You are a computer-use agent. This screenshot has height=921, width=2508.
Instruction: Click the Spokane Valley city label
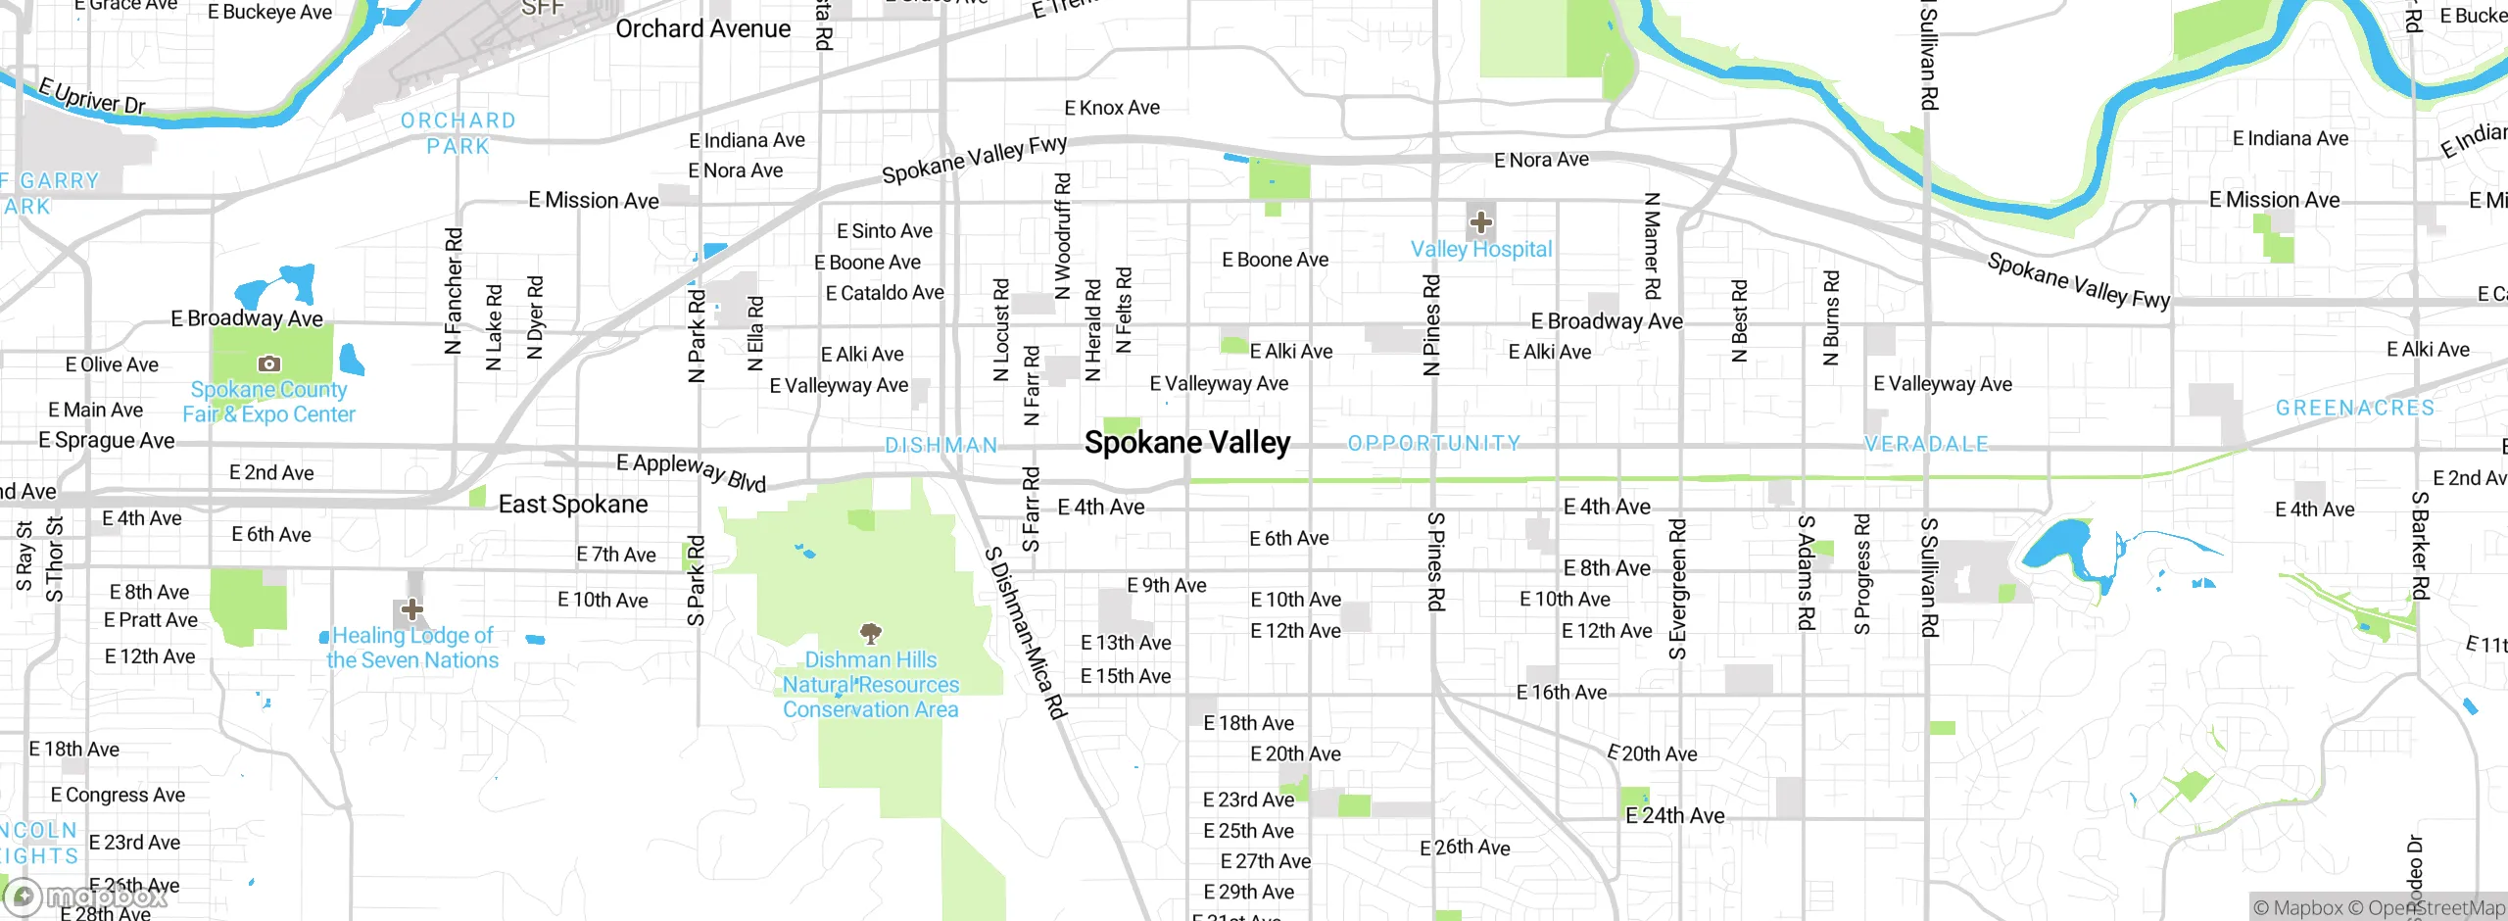[x=1186, y=443]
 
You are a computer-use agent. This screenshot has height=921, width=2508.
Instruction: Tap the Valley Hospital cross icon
[x=1480, y=222]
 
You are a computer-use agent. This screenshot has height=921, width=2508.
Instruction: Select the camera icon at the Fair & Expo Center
[x=268, y=364]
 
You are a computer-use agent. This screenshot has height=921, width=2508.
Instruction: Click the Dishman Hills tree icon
[x=870, y=632]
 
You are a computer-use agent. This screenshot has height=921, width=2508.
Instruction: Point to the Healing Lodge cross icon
[x=412, y=609]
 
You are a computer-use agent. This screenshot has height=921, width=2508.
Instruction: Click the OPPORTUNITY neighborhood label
[x=1433, y=444]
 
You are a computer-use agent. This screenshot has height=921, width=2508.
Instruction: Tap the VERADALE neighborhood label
[x=1926, y=445]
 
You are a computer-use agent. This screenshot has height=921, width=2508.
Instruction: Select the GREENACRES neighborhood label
[x=2354, y=409]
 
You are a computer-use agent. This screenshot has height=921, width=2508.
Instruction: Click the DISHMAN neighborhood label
[x=940, y=446]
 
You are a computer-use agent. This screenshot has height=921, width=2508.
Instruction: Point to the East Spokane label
[x=573, y=505]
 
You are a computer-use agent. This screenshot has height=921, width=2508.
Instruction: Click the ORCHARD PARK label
[x=458, y=133]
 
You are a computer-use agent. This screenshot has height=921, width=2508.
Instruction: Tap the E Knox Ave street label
[x=1112, y=108]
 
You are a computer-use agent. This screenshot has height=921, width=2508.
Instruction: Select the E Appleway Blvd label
[x=691, y=471]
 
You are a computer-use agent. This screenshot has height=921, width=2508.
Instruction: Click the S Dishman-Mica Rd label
[x=1025, y=633]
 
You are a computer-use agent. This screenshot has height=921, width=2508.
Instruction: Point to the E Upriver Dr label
[x=92, y=96]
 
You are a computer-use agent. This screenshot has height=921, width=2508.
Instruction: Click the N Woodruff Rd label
[x=1062, y=235]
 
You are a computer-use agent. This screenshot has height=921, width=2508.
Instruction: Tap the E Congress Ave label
[x=118, y=795]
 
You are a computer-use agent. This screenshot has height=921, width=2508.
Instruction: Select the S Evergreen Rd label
[x=1677, y=589]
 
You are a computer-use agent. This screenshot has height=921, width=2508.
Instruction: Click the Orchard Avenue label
[x=702, y=29]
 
